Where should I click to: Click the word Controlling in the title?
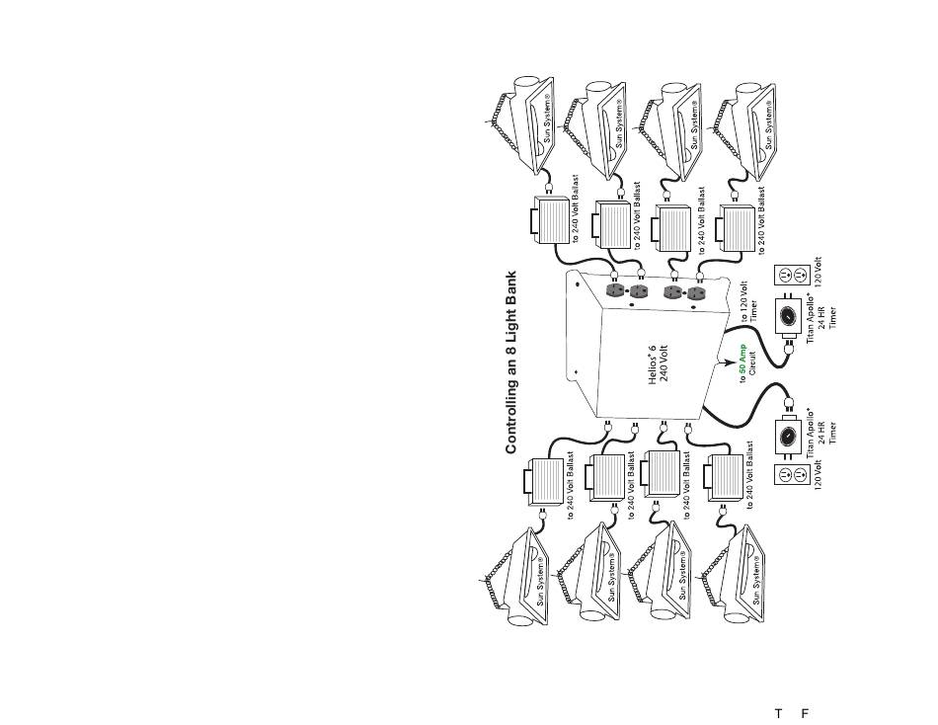511,416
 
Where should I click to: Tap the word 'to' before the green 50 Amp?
742,394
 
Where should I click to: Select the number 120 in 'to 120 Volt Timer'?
743,314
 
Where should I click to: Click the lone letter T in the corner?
778,713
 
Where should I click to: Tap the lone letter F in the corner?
805,713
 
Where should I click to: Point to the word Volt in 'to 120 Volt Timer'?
743,292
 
